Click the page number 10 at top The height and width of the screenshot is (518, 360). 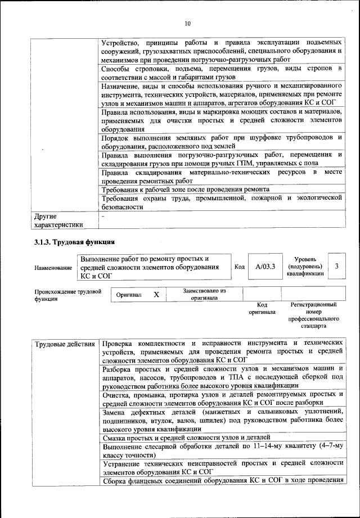(x=187, y=23)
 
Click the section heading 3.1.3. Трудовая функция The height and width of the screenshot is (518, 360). (x=74, y=242)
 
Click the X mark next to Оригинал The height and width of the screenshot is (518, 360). (x=157, y=294)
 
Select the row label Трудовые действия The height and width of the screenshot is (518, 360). (x=64, y=343)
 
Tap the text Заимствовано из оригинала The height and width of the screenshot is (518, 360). (x=204, y=294)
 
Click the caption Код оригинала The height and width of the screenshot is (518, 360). (x=262, y=308)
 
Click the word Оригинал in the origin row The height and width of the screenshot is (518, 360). (x=129, y=295)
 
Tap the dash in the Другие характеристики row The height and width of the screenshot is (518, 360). (x=103, y=215)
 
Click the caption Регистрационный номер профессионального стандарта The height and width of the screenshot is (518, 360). (x=313, y=315)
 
